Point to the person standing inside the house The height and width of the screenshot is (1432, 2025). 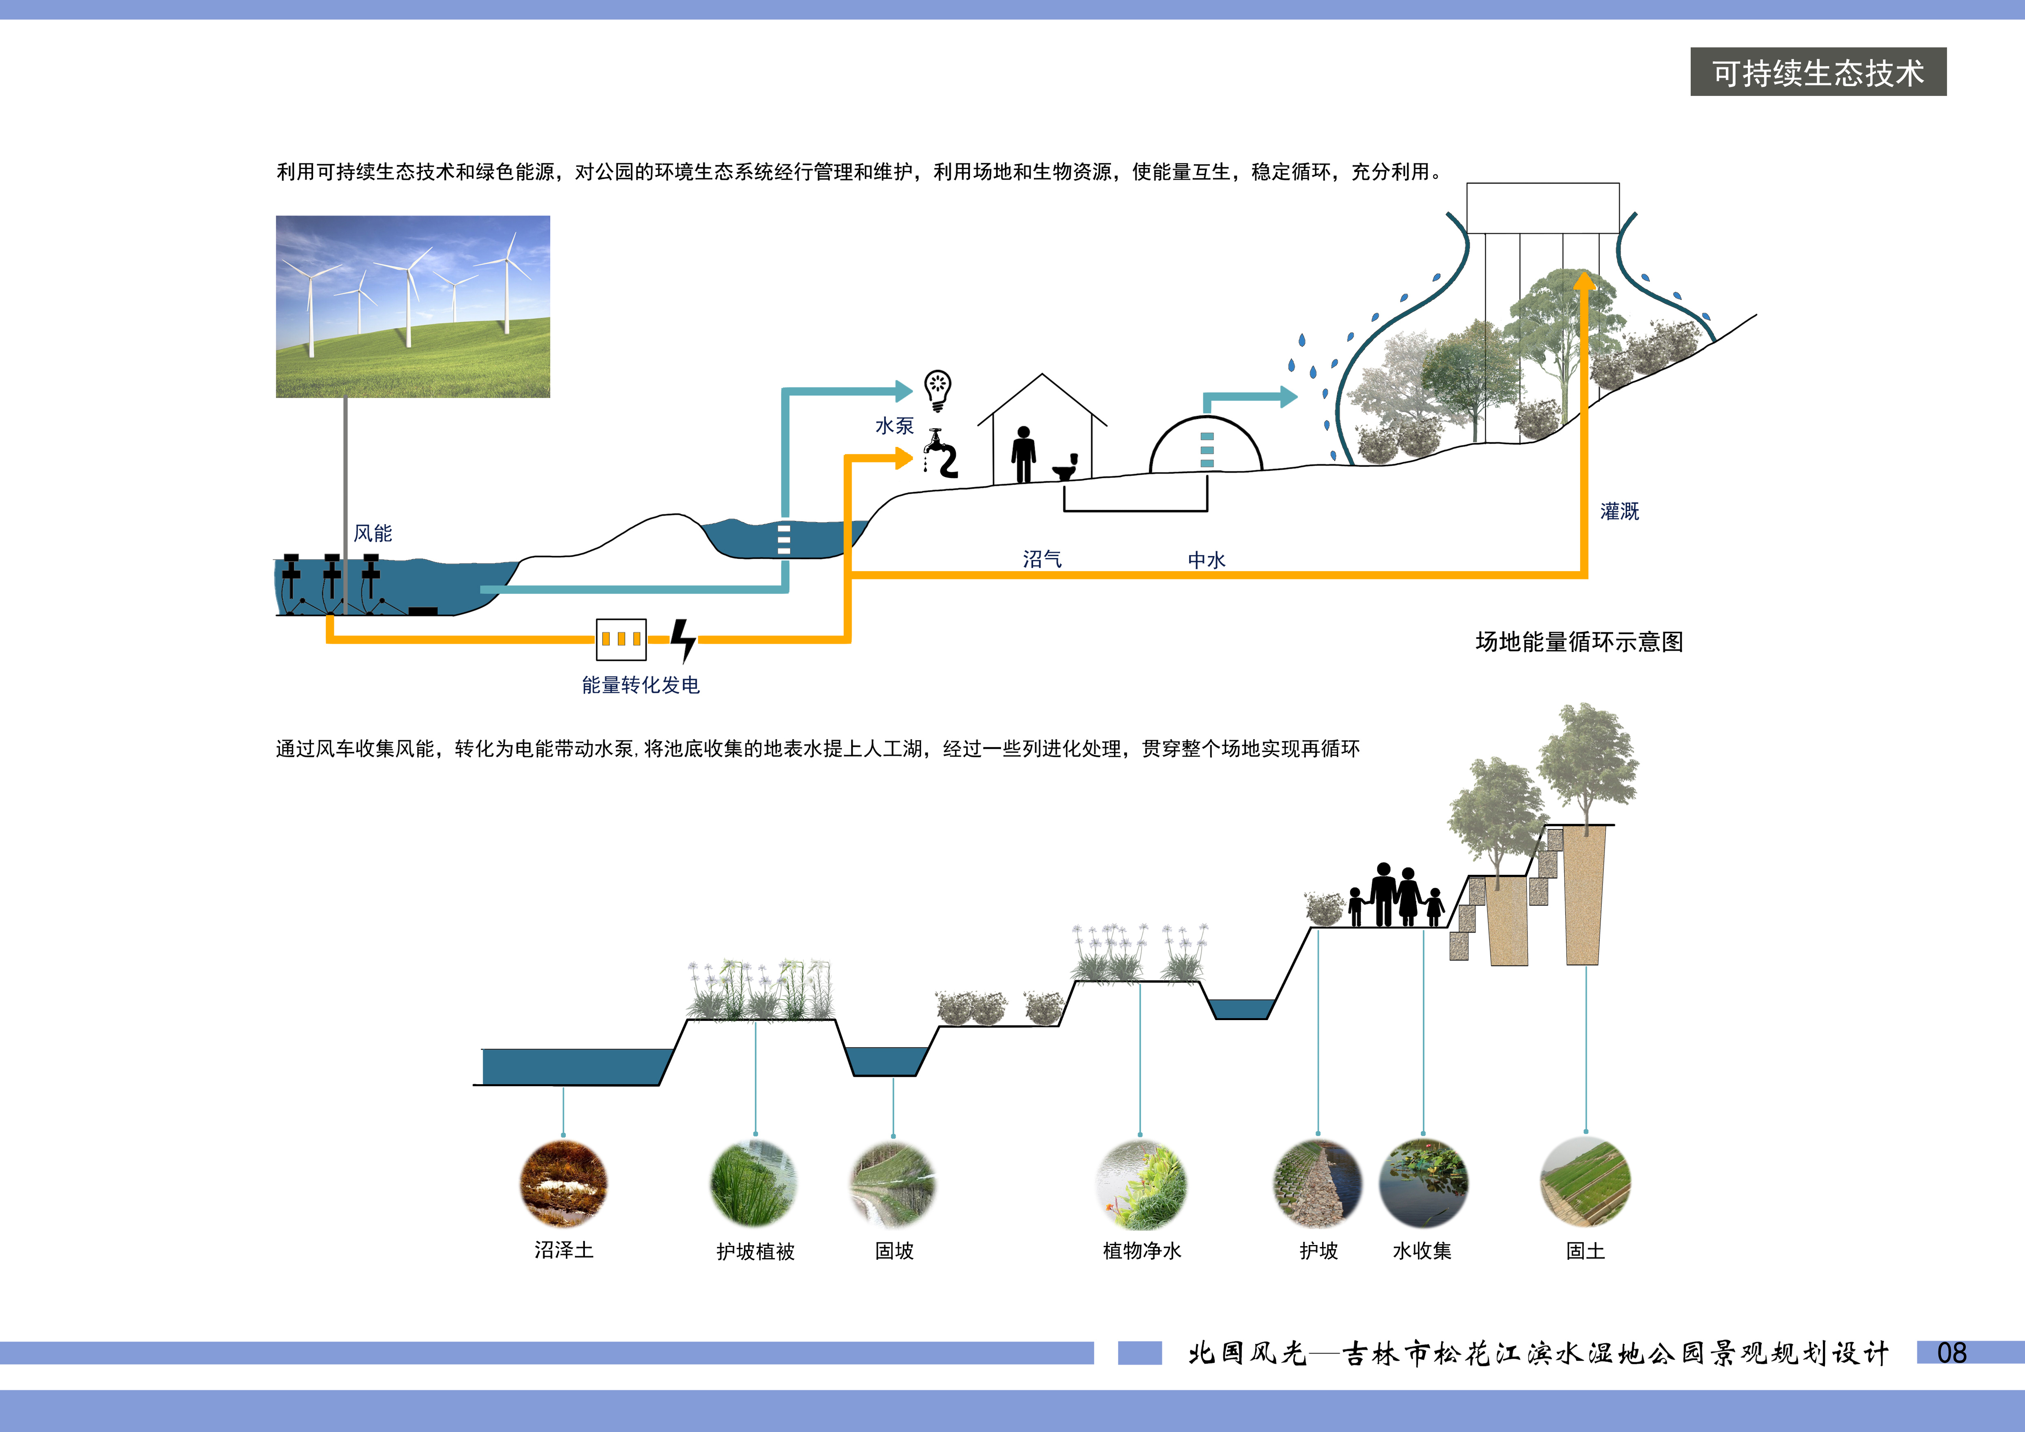1023,454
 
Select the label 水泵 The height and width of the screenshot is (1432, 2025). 894,426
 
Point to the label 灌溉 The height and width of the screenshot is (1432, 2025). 1619,511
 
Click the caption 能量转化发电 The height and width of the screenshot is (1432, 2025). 640,685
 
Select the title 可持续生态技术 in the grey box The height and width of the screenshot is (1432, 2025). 1818,72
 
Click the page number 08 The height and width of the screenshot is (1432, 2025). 1952,1353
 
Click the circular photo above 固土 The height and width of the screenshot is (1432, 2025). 1585,1183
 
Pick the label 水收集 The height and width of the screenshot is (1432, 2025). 1422,1250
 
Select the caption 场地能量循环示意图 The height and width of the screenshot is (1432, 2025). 1580,642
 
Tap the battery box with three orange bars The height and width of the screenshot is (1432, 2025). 622,639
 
